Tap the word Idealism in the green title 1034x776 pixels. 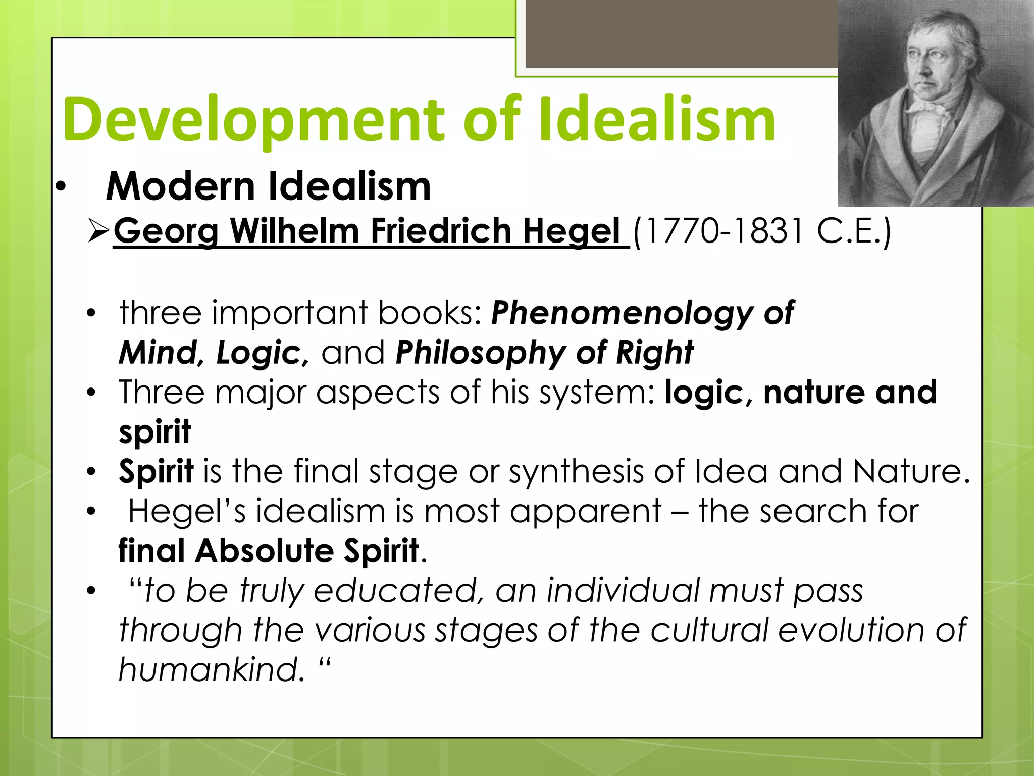coord(656,120)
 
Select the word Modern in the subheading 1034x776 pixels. coord(180,186)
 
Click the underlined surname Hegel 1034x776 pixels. coord(571,231)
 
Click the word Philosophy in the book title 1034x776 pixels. coord(481,352)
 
